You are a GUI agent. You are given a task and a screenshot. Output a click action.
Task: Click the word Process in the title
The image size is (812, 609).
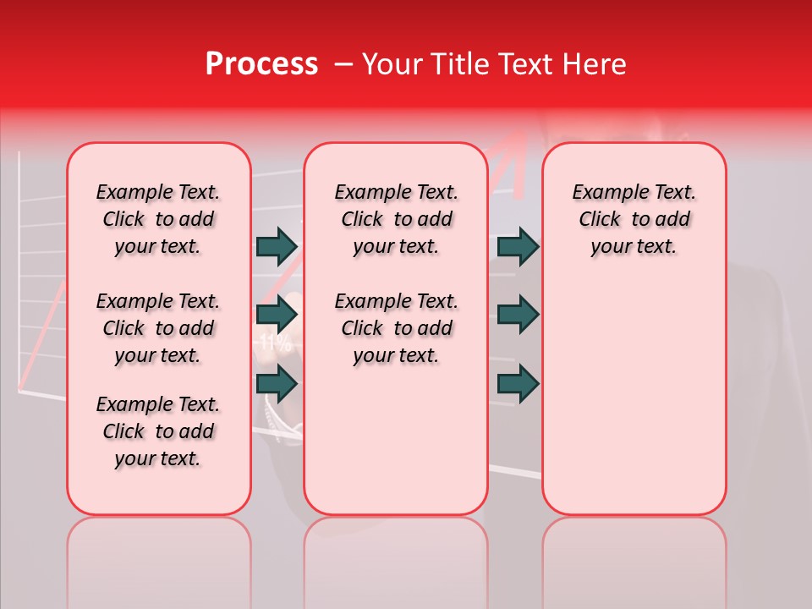pyautogui.click(x=261, y=64)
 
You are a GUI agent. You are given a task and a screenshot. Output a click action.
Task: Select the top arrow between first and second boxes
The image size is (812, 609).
pyautogui.click(x=277, y=246)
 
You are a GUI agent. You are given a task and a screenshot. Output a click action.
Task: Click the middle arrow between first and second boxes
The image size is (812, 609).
pyautogui.click(x=277, y=315)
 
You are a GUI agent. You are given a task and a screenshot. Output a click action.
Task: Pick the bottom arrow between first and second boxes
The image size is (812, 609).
pyautogui.click(x=277, y=385)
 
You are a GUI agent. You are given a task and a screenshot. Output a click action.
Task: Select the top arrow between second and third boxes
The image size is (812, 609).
pyautogui.click(x=518, y=246)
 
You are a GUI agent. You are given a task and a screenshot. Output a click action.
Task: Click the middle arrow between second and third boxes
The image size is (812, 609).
pyautogui.click(x=518, y=315)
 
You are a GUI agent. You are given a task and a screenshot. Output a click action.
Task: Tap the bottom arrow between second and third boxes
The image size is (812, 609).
pyautogui.click(x=518, y=385)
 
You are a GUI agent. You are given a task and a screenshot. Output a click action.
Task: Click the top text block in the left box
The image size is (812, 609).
pyautogui.click(x=158, y=219)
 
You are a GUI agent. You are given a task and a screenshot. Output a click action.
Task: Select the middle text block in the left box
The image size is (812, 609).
pyautogui.click(x=158, y=328)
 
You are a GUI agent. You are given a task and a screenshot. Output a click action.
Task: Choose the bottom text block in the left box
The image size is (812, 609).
pyautogui.click(x=158, y=431)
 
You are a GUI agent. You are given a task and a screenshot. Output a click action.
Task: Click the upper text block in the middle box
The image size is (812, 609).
pyautogui.click(x=396, y=219)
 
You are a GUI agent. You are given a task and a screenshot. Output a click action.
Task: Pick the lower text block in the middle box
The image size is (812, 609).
pyautogui.click(x=396, y=328)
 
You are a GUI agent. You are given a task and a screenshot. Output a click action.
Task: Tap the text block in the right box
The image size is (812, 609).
pyautogui.click(x=634, y=219)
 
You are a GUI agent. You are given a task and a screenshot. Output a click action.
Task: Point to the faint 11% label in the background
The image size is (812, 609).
pyautogui.click(x=275, y=343)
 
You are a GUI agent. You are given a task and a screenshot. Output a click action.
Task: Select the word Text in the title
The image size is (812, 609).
pyautogui.click(x=524, y=64)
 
